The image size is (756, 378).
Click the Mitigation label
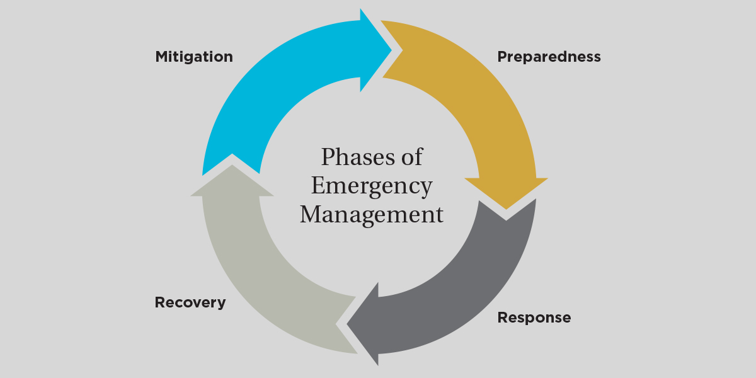194,57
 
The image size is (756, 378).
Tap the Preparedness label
549,57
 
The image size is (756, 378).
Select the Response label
534,318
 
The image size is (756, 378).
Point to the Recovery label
190,302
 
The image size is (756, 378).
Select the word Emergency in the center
372,186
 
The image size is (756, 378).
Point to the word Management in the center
372,215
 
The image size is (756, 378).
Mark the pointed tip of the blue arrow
391,50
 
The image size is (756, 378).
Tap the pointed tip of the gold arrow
506,209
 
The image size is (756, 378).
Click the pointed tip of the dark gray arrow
347,324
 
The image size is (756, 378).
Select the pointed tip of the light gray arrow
232,165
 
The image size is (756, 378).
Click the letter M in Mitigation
162,57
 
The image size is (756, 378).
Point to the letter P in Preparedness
503,57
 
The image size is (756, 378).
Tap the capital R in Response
503,318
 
